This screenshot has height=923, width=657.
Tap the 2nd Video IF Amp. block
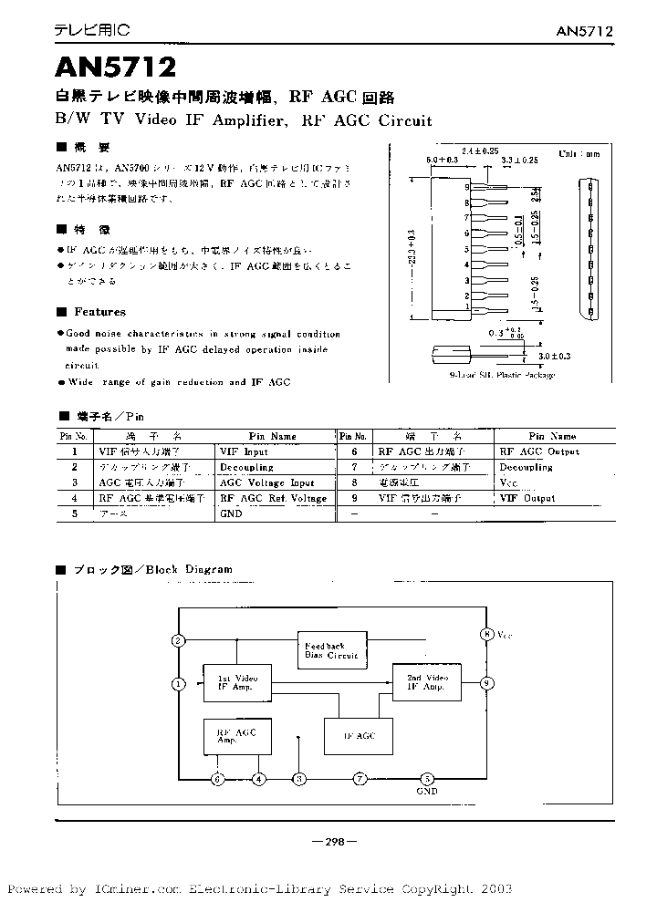tap(425, 683)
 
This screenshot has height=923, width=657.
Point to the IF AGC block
tap(360, 734)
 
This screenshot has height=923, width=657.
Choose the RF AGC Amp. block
tap(236, 735)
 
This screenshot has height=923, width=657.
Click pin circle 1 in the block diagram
tap(179, 682)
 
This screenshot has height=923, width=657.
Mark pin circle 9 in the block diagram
tap(488, 682)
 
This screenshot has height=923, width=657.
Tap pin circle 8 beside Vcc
tap(488, 633)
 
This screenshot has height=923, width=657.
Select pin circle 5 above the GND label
tap(426, 779)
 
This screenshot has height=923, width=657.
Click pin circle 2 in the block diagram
tap(179, 639)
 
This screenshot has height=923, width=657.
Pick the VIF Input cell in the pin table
tap(244, 451)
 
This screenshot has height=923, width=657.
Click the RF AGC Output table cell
tap(538, 451)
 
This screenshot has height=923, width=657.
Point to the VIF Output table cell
tap(527, 499)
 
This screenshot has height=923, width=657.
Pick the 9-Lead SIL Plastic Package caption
tap(502, 375)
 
